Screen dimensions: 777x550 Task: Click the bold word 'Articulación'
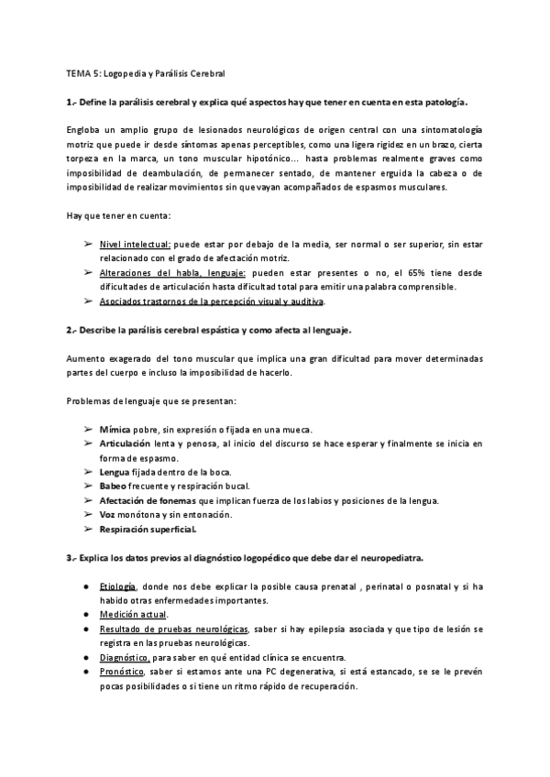(126, 443)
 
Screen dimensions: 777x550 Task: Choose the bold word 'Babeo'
(113, 486)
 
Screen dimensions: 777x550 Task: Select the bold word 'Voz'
(107, 514)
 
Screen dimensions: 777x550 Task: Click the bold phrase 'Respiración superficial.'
(148, 529)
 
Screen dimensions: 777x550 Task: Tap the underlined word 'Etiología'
(118, 585)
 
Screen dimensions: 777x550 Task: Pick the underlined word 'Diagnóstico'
(124, 657)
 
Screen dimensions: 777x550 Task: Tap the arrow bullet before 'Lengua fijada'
(87, 472)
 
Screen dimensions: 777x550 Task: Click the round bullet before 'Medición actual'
(86, 615)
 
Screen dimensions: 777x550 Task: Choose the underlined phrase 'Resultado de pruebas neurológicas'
(174, 629)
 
